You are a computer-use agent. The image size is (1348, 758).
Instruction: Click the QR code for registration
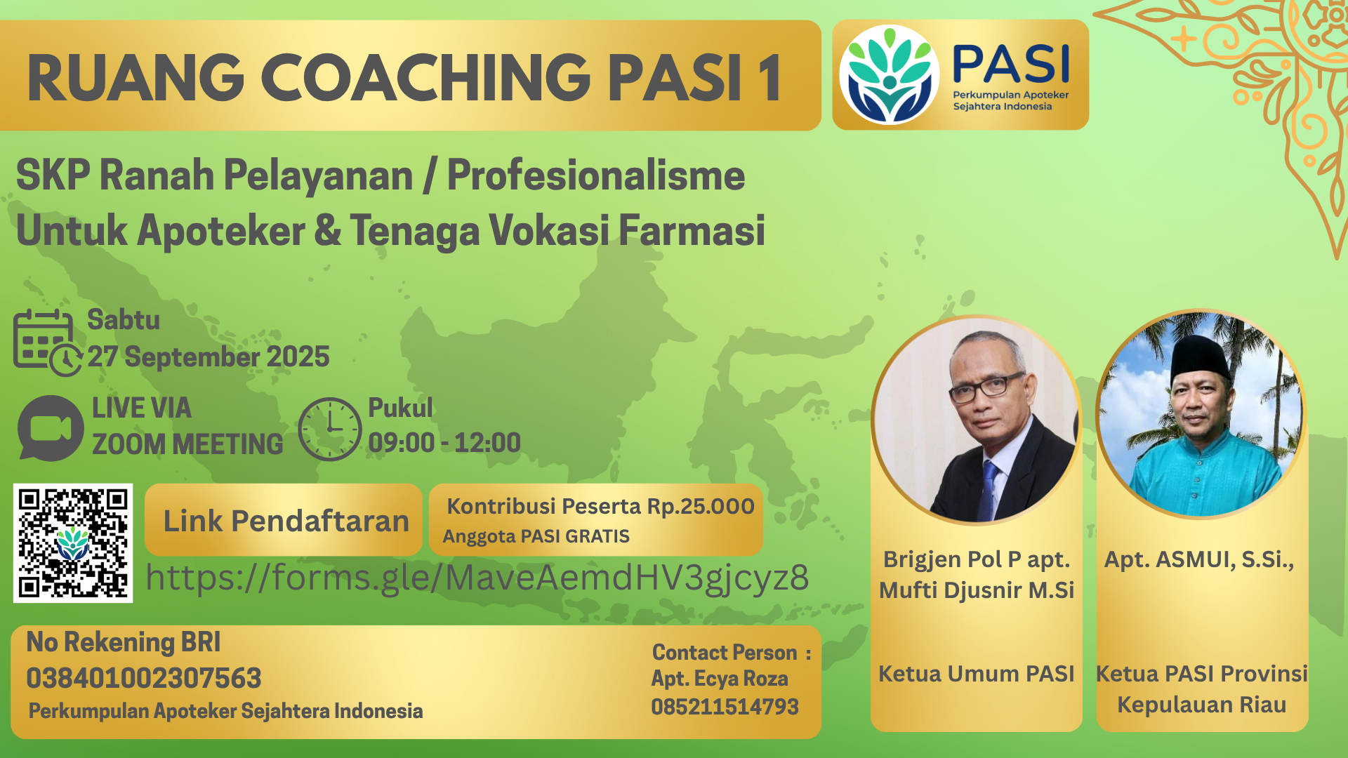coord(73,543)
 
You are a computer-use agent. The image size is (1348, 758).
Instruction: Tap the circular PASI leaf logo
coord(890,75)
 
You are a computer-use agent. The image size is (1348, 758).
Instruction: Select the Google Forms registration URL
coord(477,578)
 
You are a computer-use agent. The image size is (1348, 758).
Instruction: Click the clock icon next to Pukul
coord(329,429)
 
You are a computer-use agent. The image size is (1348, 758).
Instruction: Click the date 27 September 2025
coord(209,357)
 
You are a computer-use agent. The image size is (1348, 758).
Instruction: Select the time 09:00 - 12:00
coord(444,443)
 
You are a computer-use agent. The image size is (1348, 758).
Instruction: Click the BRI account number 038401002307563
coord(144,678)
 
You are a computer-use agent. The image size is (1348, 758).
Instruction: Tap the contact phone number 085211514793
coord(725,707)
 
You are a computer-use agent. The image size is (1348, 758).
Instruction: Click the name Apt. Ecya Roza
coord(720,679)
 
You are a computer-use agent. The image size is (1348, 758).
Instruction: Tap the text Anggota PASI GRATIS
coord(536,536)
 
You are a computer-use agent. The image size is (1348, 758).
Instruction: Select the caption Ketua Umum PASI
coord(977,674)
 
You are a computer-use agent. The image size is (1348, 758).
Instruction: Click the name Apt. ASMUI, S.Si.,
coord(1199,559)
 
